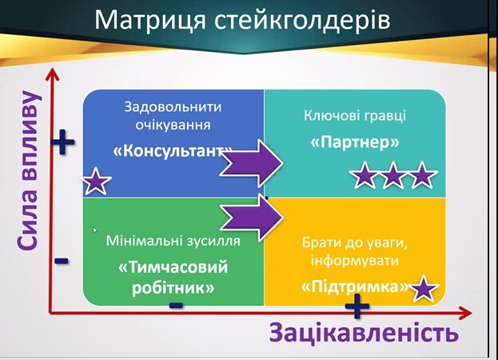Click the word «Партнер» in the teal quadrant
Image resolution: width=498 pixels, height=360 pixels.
point(354,142)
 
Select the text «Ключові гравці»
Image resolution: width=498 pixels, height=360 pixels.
point(355,116)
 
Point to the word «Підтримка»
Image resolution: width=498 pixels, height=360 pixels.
point(354,287)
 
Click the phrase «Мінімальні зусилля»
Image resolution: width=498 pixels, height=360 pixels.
point(173,241)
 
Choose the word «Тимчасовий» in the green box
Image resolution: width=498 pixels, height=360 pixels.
point(173,267)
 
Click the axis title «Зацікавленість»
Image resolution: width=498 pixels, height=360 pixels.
point(364,333)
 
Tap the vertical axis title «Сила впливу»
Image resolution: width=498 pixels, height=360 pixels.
point(29,171)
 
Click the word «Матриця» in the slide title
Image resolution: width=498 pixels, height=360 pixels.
point(150,20)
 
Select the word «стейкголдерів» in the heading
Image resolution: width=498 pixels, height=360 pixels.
point(302,20)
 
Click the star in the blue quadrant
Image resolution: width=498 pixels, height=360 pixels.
point(96,181)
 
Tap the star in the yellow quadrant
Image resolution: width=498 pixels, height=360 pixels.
point(424,288)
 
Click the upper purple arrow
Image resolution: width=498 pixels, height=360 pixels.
point(252,163)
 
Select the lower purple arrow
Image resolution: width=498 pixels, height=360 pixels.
point(252,218)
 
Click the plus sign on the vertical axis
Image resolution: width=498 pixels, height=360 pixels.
point(63,142)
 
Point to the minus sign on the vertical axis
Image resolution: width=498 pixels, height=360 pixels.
point(62,261)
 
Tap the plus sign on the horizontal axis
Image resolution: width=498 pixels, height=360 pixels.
point(357,306)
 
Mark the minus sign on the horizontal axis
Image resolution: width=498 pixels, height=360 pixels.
point(177,306)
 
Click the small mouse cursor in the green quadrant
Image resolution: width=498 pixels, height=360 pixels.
point(95,230)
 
